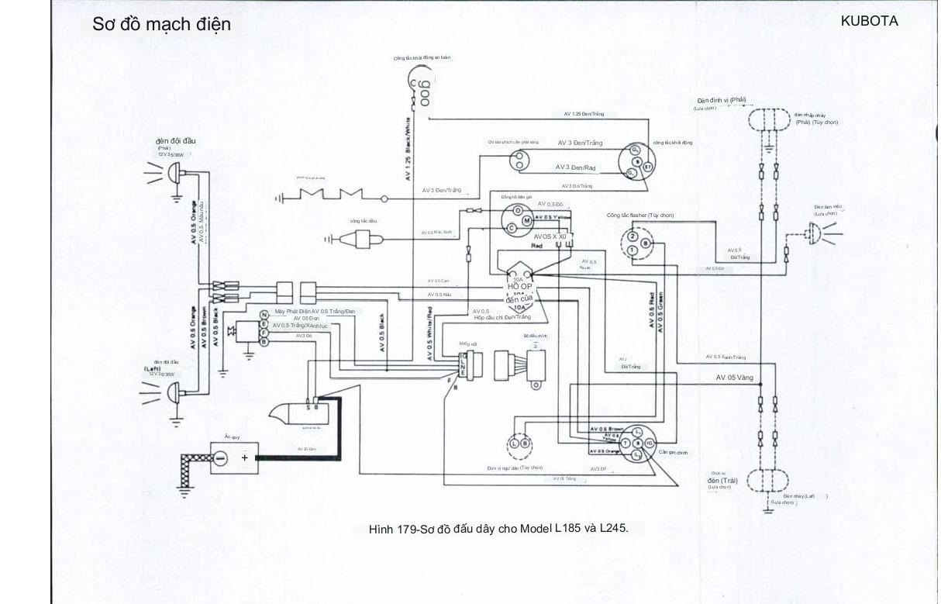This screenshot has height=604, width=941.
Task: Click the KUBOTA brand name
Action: (x=869, y=22)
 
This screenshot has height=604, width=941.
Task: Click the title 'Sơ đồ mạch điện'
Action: (x=161, y=24)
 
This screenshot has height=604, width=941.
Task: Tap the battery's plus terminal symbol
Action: (x=245, y=457)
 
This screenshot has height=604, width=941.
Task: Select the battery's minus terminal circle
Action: (x=220, y=458)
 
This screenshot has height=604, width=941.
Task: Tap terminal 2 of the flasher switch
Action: (x=632, y=237)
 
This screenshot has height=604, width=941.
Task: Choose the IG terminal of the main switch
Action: (x=649, y=443)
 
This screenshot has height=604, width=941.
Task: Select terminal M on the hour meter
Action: (x=527, y=220)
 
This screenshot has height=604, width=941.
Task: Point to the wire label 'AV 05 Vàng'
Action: (x=734, y=378)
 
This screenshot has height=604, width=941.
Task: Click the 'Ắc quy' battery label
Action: (x=232, y=437)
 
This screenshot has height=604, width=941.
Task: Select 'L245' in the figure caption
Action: (x=612, y=529)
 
